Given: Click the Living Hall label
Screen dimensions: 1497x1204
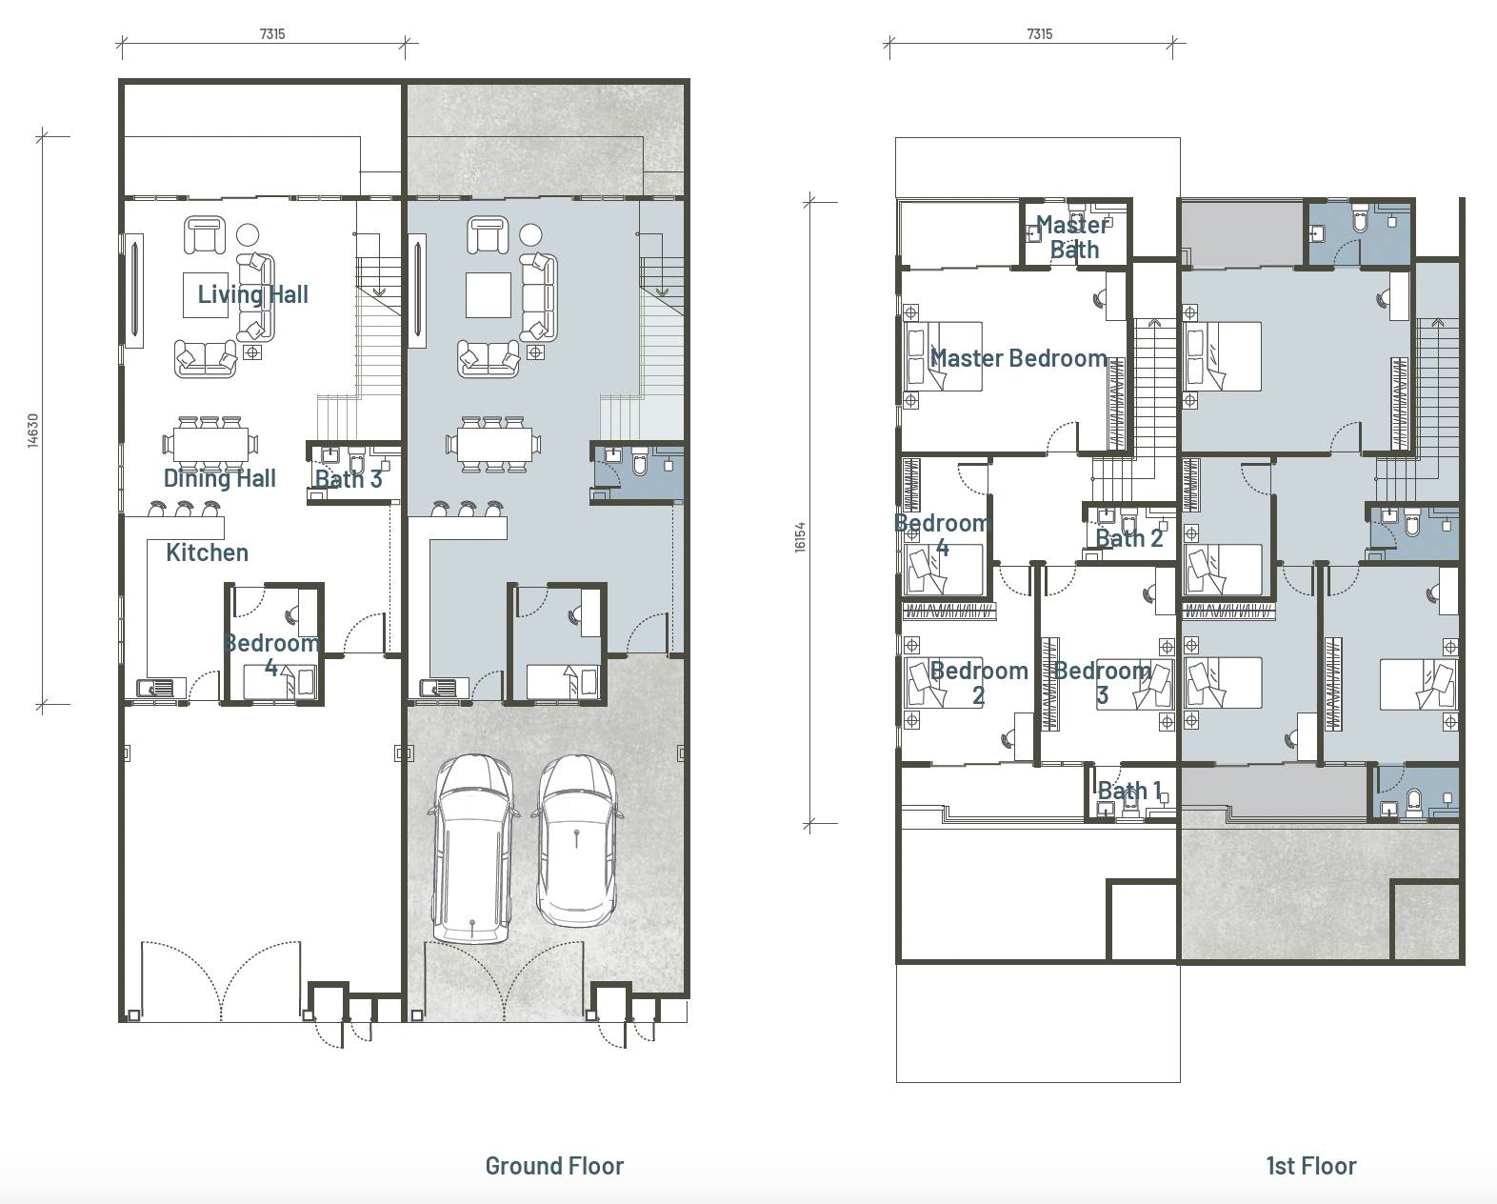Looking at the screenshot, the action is pos(252,294).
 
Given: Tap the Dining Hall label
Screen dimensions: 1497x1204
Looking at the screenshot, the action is pos(219,478).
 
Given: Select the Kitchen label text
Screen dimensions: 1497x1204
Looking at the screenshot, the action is pos(207,552).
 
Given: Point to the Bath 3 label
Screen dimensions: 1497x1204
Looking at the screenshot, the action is pos(349,479).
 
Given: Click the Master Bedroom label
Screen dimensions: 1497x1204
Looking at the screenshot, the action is pos(1018,358).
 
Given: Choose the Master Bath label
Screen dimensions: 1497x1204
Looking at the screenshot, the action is pos(1072,237).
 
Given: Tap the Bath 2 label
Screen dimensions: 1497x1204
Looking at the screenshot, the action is pos(1129,538).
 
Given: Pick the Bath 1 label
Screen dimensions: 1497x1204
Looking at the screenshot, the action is pos(1129,791).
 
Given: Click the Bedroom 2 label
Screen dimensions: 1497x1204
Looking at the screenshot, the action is pos(979,683).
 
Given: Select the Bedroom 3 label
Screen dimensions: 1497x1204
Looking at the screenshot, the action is pos(1103,683).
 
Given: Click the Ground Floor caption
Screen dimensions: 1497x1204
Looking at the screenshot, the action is pos(554,1166).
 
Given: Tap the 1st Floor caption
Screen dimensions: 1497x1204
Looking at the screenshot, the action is pos(1311,1166).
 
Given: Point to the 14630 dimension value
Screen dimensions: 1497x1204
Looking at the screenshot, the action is pos(32,431).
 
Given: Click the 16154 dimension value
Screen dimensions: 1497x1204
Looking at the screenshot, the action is pos(800,537).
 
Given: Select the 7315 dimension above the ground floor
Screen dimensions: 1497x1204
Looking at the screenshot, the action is pos(272,34).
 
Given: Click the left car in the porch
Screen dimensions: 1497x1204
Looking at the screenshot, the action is pos(473,849).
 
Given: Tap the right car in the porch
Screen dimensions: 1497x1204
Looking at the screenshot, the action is pos(577,841).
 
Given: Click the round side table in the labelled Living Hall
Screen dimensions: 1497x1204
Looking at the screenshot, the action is pos(248,235).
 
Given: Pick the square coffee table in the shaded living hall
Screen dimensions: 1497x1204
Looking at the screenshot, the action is pos(489,295).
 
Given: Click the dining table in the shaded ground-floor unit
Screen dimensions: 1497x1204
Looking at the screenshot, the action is pos(494,445).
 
